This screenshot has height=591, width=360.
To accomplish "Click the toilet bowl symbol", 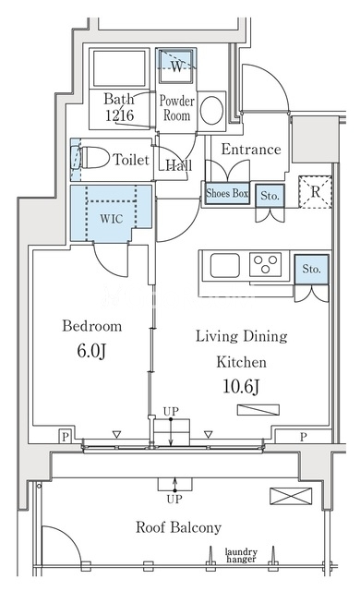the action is [x=94, y=158].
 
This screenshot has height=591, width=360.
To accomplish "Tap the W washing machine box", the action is [x=176, y=66].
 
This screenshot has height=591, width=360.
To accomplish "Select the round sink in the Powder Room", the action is [x=211, y=111].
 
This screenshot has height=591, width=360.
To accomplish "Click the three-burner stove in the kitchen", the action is [x=266, y=264].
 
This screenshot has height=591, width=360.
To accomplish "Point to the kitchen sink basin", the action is [x=225, y=265].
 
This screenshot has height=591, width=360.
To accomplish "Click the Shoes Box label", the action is [x=227, y=193].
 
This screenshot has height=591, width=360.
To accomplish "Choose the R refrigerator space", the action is [x=315, y=192].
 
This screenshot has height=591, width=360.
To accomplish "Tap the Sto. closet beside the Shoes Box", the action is [x=270, y=196].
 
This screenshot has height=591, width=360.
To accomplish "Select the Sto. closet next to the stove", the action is [x=311, y=269].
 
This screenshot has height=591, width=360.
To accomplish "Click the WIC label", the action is [x=112, y=219].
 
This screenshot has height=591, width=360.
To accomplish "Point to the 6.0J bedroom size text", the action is [x=92, y=351].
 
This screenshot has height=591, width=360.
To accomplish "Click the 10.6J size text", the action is [x=241, y=386].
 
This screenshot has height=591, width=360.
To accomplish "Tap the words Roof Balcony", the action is [x=178, y=527].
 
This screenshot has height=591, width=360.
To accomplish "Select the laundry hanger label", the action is [x=241, y=555].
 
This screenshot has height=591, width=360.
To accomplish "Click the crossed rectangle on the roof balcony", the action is [x=291, y=496].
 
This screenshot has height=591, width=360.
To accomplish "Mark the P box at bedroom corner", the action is [x=66, y=437].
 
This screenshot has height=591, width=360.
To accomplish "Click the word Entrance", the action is [x=251, y=150].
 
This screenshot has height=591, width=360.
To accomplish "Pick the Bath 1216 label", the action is [x=119, y=107].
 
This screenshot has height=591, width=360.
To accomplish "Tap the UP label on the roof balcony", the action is [x=174, y=500].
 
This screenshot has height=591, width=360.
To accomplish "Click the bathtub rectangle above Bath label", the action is [x=119, y=68].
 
